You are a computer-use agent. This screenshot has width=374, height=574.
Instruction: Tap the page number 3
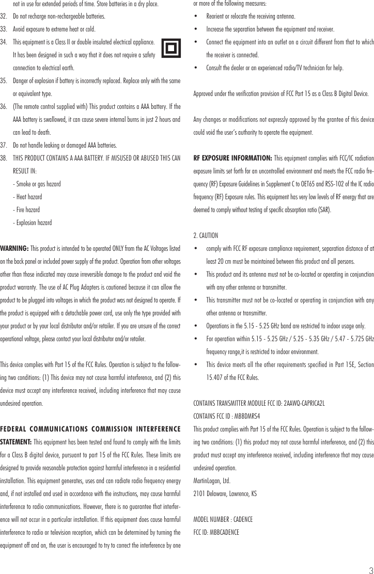point(370,569)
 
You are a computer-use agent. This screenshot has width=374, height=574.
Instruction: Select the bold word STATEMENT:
point(16,442)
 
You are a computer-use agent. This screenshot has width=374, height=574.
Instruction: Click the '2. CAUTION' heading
point(206,236)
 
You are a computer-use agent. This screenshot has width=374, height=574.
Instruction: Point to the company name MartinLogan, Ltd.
point(212,481)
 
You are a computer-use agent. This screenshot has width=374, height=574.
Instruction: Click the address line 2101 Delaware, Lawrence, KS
point(225,493)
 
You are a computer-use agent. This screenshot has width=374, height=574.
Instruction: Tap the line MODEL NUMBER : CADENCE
point(223,519)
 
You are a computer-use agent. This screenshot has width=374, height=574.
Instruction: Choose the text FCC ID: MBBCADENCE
point(216,532)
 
